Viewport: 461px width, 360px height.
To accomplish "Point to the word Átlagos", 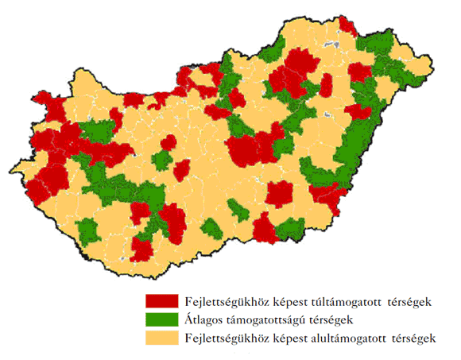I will point(204,319).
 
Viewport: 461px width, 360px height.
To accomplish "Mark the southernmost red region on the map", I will point(141,248).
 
